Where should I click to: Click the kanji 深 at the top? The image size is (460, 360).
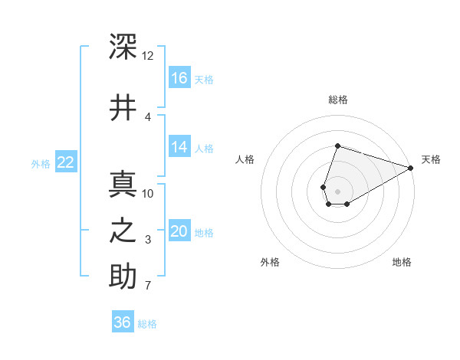pyautogui.click(x=123, y=46)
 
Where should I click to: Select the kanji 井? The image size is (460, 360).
pyautogui.click(x=123, y=107)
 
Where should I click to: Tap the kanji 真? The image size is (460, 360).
pyautogui.click(x=123, y=184)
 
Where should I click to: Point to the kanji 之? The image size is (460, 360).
pyautogui.click(x=123, y=231)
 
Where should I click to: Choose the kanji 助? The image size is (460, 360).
pyautogui.click(x=123, y=276)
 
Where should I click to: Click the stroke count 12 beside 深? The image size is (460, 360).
pyautogui.click(x=147, y=56)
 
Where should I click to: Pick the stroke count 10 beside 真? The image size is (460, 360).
pyautogui.click(x=147, y=194)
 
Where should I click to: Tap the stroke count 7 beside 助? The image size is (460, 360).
pyautogui.click(x=148, y=285)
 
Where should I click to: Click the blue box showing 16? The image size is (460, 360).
pyautogui.click(x=179, y=77)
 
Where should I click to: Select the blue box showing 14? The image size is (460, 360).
pyautogui.click(x=179, y=146)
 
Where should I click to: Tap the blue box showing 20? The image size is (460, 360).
pyautogui.click(x=179, y=230)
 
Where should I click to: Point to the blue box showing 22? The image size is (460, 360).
pyautogui.click(x=66, y=162)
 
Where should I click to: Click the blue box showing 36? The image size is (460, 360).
pyautogui.click(x=123, y=321)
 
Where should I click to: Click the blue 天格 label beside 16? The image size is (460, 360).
pyautogui.click(x=204, y=80)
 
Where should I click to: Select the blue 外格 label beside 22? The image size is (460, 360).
pyautogui.click(x=41, y=164)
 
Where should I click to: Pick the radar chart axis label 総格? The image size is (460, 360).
pyautogui.click(x=338, y=100)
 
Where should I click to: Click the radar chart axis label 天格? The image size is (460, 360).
pyautogui.click(x=431, y=159)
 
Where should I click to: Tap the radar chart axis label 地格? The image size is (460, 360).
pyautogui.click(x=402, y=262)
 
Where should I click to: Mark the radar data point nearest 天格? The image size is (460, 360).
pyautogui.click(x=411, y=168)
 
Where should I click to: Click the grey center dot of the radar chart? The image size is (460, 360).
pyautogui.click(x=337, y=191)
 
